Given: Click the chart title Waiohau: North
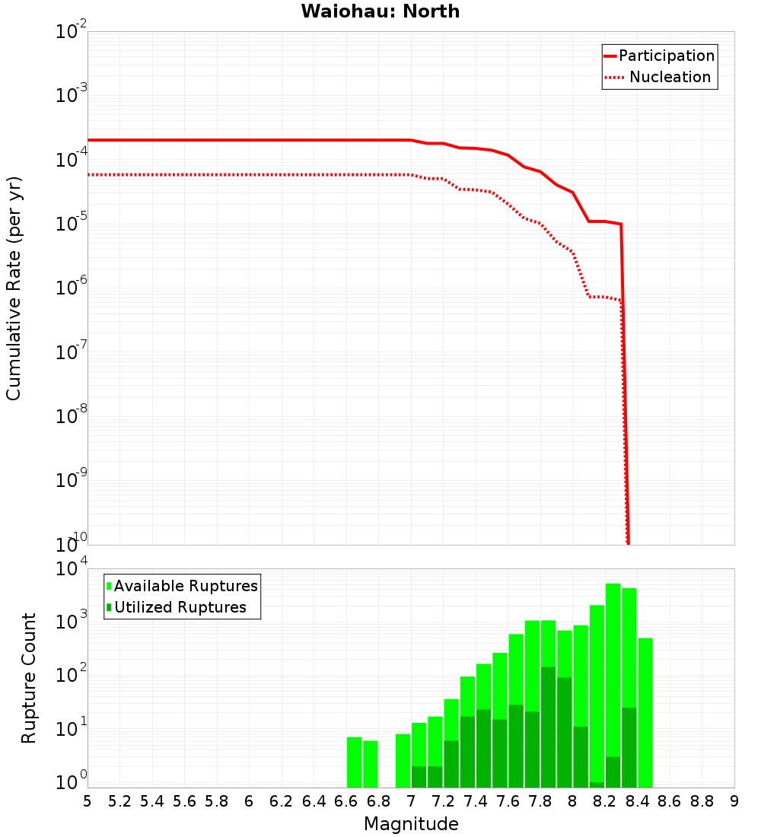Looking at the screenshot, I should [380, 11].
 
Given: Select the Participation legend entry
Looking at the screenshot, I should [666, 56].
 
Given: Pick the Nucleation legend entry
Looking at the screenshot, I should [669, 78].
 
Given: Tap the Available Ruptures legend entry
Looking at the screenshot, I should [185, 586].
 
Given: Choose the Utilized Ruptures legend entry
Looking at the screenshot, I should [180, 607].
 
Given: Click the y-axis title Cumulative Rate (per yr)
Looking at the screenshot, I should [14, 288].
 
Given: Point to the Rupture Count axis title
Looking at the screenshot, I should [29, 678].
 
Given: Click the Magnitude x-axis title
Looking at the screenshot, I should [411, 824].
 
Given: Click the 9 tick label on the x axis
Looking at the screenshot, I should [734, 801].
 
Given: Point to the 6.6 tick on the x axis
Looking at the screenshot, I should [345, 801].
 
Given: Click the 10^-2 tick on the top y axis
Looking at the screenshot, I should [72, 32].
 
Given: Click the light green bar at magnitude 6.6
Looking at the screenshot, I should [354, 762].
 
